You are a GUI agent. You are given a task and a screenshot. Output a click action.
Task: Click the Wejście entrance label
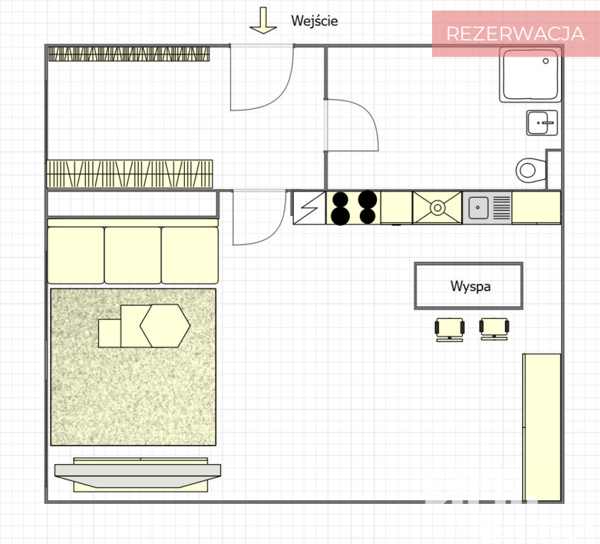pos(314,21)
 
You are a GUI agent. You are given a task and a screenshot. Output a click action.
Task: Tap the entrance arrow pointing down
pos(263,21)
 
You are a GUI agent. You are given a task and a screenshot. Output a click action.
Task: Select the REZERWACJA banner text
pos(515,34)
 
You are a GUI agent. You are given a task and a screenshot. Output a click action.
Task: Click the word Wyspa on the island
pos(470,286)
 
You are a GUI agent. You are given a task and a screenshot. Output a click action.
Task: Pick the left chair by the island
pos(450,329)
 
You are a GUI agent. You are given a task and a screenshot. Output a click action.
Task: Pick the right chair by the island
pos(494,329)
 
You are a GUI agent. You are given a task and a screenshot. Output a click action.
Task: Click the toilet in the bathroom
pos(531,170)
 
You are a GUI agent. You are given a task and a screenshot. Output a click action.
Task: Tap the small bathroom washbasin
pos(542,123)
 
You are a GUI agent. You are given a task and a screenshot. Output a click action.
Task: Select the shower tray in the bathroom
pos(530,75)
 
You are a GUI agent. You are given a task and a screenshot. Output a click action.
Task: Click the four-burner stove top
pos(353,208)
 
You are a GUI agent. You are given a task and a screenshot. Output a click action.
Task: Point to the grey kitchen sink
pos(487,208)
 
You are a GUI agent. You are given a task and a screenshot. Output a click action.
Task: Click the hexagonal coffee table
pos(164,326)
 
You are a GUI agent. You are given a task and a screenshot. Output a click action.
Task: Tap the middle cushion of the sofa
pos(132,255)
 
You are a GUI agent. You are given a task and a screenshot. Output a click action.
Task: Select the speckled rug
pos(133,367)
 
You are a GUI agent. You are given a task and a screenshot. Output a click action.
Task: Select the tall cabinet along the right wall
pos(541,427)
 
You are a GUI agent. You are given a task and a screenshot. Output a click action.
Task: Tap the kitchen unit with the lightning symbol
pos(309,208)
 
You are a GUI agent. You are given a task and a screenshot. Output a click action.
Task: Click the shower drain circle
pos(545,61)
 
